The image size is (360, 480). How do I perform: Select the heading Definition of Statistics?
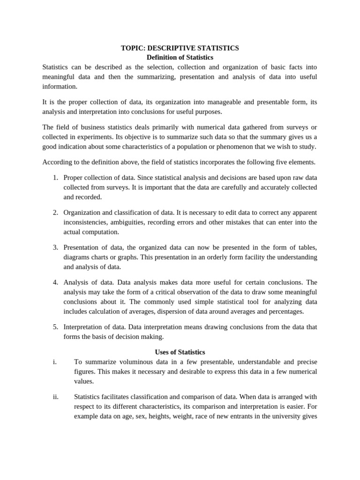click(180, 57)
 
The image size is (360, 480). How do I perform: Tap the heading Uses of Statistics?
click(180, 352)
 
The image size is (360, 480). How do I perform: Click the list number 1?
click(55, 178)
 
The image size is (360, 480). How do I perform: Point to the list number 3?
click(55, 247)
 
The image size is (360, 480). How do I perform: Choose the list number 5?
click(55, 327)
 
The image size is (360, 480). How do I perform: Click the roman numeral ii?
click(56, 397)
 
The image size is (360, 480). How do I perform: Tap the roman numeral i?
click(54, 362)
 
